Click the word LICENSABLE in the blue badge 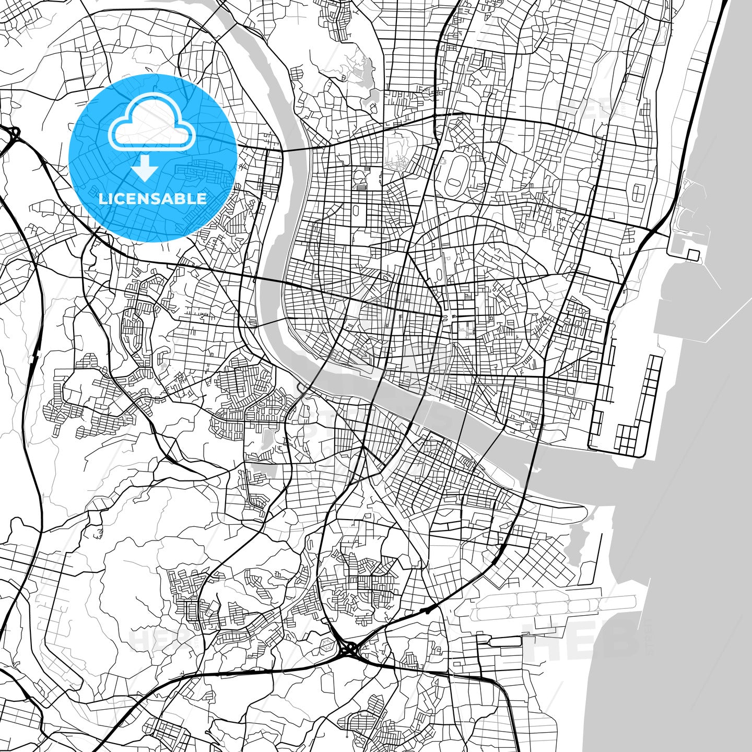point(152,199)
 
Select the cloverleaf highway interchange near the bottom point(349,650)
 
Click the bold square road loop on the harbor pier point(693,255)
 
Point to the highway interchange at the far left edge point(11,134)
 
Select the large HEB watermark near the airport point(585,640)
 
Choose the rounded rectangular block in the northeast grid point(639,193)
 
